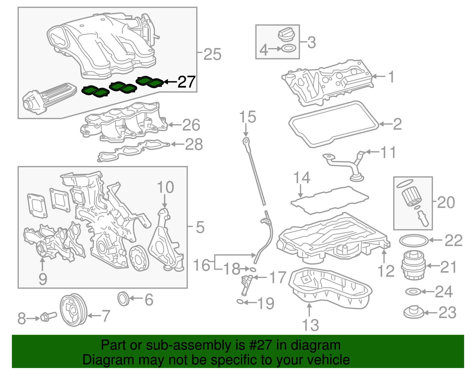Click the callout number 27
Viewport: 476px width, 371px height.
point(187,82)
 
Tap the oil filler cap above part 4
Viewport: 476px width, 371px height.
point(287,34)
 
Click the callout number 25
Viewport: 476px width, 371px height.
point(212,54)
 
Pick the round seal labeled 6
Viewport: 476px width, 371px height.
point(123,299)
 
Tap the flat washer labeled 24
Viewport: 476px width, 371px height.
point(413,292)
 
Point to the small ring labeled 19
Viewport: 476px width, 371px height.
point(240,302)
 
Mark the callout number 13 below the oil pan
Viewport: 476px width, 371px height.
point(310,325)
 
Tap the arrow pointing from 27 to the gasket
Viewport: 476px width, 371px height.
point(170,81)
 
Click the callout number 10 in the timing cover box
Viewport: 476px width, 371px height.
point(165,187)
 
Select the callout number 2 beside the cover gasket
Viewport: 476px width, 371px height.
point(397,124)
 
